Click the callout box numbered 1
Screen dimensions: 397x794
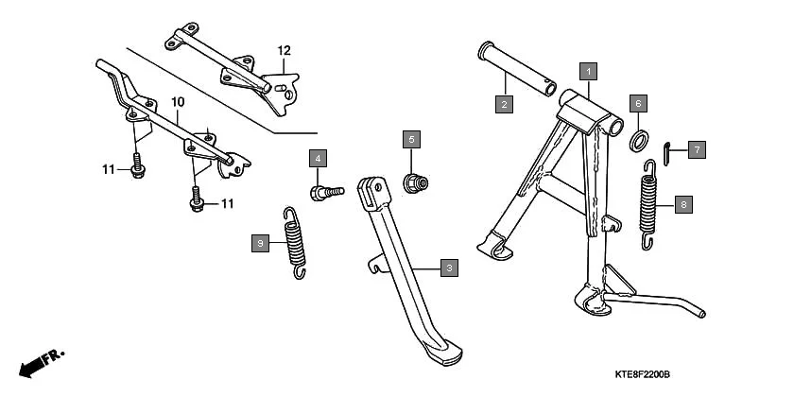tap(587, 70)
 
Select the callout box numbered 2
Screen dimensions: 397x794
tap(505, 104)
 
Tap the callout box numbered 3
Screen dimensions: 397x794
tap(450, 268)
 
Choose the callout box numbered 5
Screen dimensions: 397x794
tap(411, 140)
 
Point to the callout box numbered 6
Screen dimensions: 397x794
tap(638, 103)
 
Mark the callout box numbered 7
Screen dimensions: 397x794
tap(696, 149)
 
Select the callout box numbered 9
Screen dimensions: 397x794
tap(258, 244)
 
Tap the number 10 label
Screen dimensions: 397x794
tap(177, 100)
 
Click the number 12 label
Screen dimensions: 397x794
tap(284, 49)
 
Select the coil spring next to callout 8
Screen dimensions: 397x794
tap(649, 205)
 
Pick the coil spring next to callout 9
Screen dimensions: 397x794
tap(296, 243)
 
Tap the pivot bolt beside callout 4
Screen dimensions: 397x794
tap(326, 192)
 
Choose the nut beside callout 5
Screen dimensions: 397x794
tap(412, 181)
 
